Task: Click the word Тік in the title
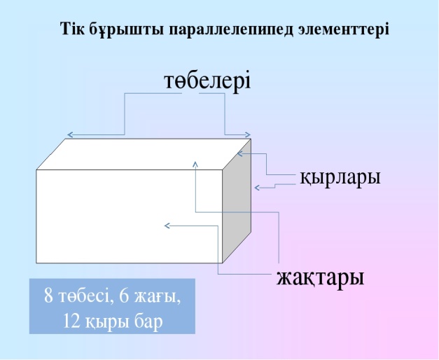73,29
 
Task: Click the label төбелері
207,81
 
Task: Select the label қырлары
340,177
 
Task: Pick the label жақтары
321,277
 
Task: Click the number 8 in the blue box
48,296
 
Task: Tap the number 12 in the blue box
71,321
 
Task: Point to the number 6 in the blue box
124,296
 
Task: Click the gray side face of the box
237,201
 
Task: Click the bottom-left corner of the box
36,263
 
